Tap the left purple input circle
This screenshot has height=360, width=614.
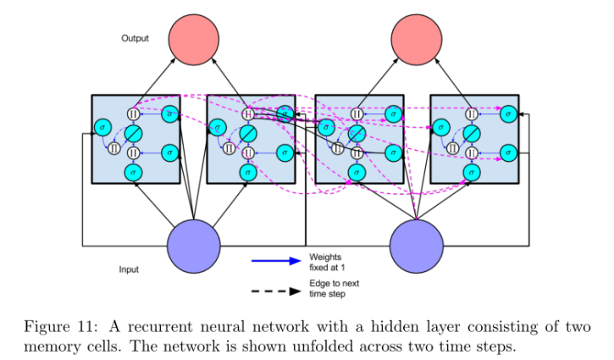coord(195,245)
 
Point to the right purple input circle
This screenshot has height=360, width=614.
coord(418,245)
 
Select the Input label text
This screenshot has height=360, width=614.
coord(129,269)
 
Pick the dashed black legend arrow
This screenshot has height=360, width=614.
coord(275,291)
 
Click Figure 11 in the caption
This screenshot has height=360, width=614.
coord(63,328)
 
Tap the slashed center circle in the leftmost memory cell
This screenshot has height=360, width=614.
coord(132,134)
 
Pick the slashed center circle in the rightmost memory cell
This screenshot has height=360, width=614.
coord(471,134)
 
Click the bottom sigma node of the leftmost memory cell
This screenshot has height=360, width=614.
coord(132,172)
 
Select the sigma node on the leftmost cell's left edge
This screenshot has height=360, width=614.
coord(102,128)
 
